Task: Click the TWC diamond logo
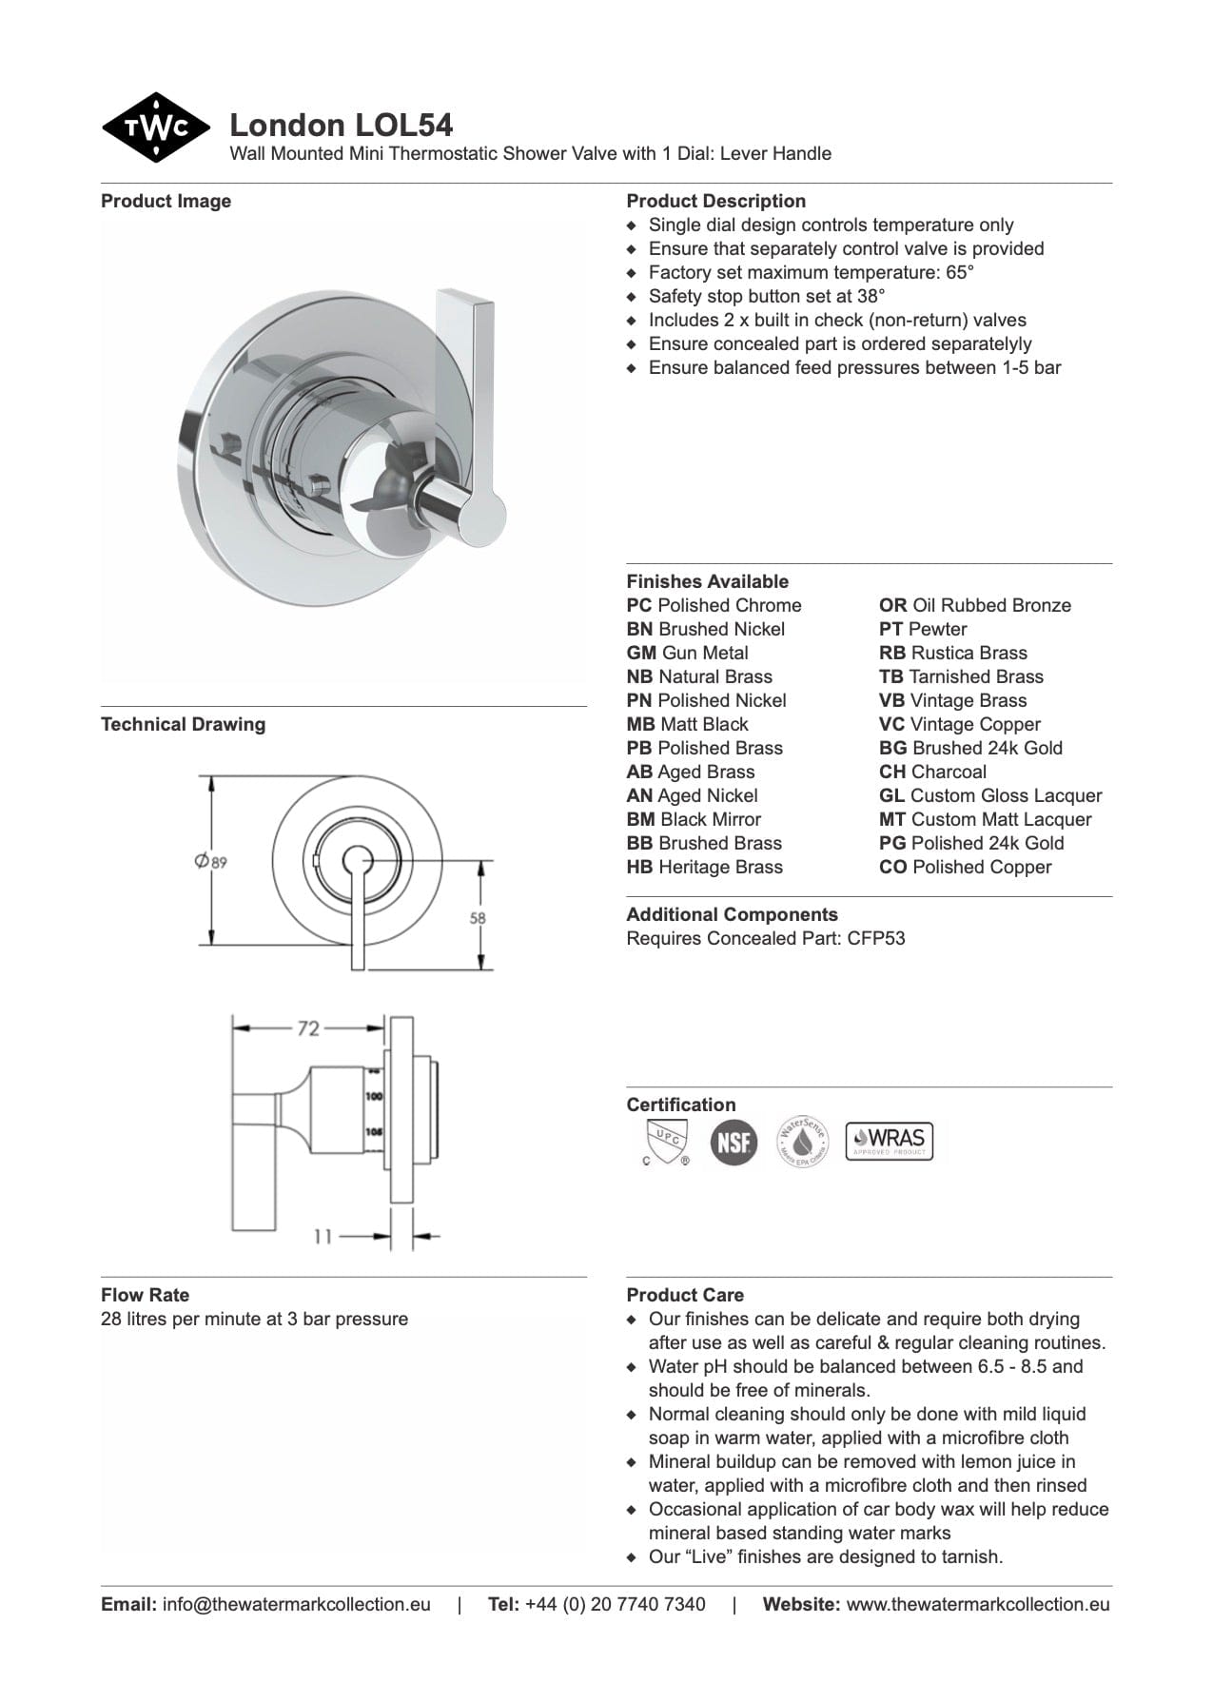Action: coord(155,127)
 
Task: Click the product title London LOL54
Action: coord(341,125)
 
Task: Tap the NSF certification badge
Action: coord(734,1141)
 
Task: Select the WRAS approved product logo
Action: coord(889,1140)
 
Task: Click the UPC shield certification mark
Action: coord(664,1140)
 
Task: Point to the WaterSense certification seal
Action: coord(803,1141)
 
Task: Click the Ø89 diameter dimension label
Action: coord(210,862)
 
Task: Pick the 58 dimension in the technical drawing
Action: coord(478,918)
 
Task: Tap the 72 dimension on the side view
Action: coord(308,1028)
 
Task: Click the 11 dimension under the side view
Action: coord(323,1237)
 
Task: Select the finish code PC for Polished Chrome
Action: coord(639,605)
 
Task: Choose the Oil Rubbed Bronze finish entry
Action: coord(975,605)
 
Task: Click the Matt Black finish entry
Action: coord(688,724)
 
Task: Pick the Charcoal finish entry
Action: coord(932,772)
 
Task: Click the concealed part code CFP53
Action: coord(876,938)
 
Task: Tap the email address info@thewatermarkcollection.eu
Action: coord(296,1604)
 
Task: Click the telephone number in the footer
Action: coord(615,1604)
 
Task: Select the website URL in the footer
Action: coord(977,1604)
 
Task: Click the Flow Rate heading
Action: coord(145,1295)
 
